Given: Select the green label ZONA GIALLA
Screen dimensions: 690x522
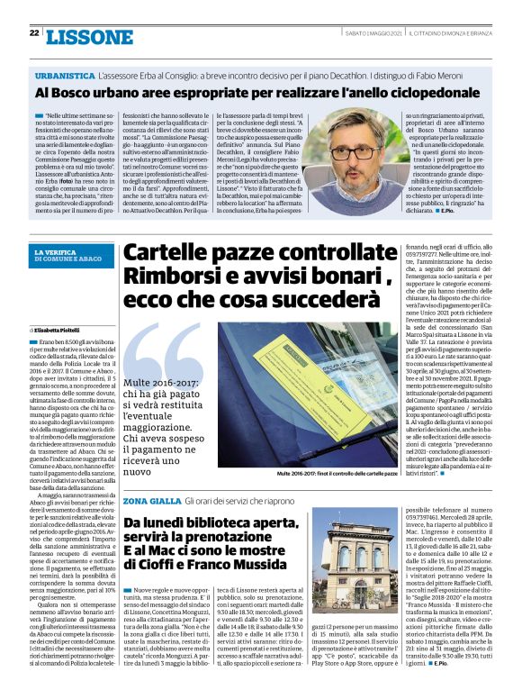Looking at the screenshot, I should (x=150, y=500).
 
